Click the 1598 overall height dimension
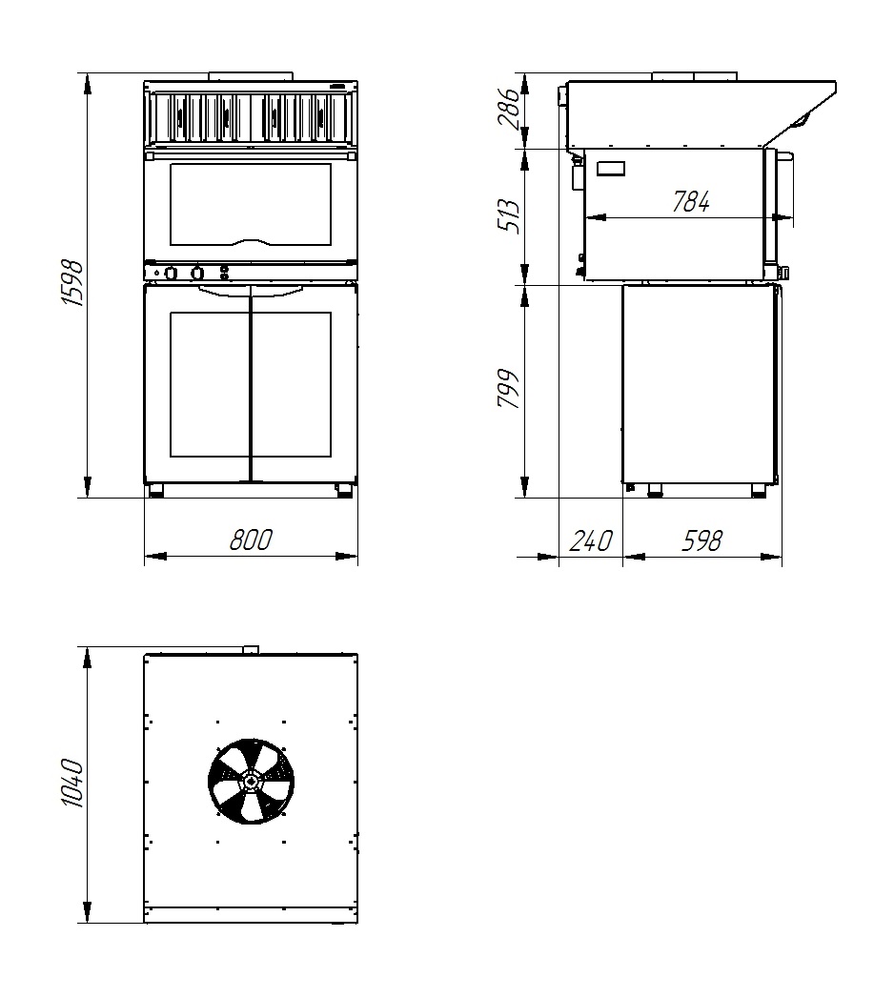pyautogui.click(x=73, y=282)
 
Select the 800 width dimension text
pyautogui.click(x=250, y=540)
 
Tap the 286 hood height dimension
pyautogui.click(x=509, y=110)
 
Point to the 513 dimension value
pyautogui.click(x=509, y=216)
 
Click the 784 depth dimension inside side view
pyautogui.click(x=691, y=202)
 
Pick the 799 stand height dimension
pyautogui.click(x=509, y=388)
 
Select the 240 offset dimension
pyautogui.click(x=591, y=540)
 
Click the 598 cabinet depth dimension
pyautogui.click(x=702, y=540)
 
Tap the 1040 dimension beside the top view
pyautogui.click(x=73, y=783)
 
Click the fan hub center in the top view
pyautogui.click(x=251, y=781)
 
